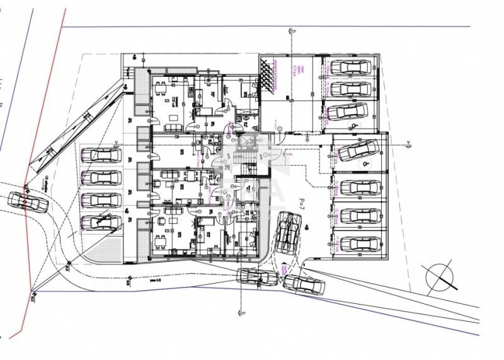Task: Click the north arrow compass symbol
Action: [x=440, y=276]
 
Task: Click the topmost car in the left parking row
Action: [x=101, y=154]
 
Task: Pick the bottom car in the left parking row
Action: [x=101, y=222]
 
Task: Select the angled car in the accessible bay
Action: [x=358, y=150]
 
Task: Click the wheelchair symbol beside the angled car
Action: [x=364, y=163]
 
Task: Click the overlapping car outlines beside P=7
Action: [x=289, y=231]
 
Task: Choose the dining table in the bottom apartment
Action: [x=161, y=241]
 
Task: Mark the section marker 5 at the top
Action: [x=291, y=30]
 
